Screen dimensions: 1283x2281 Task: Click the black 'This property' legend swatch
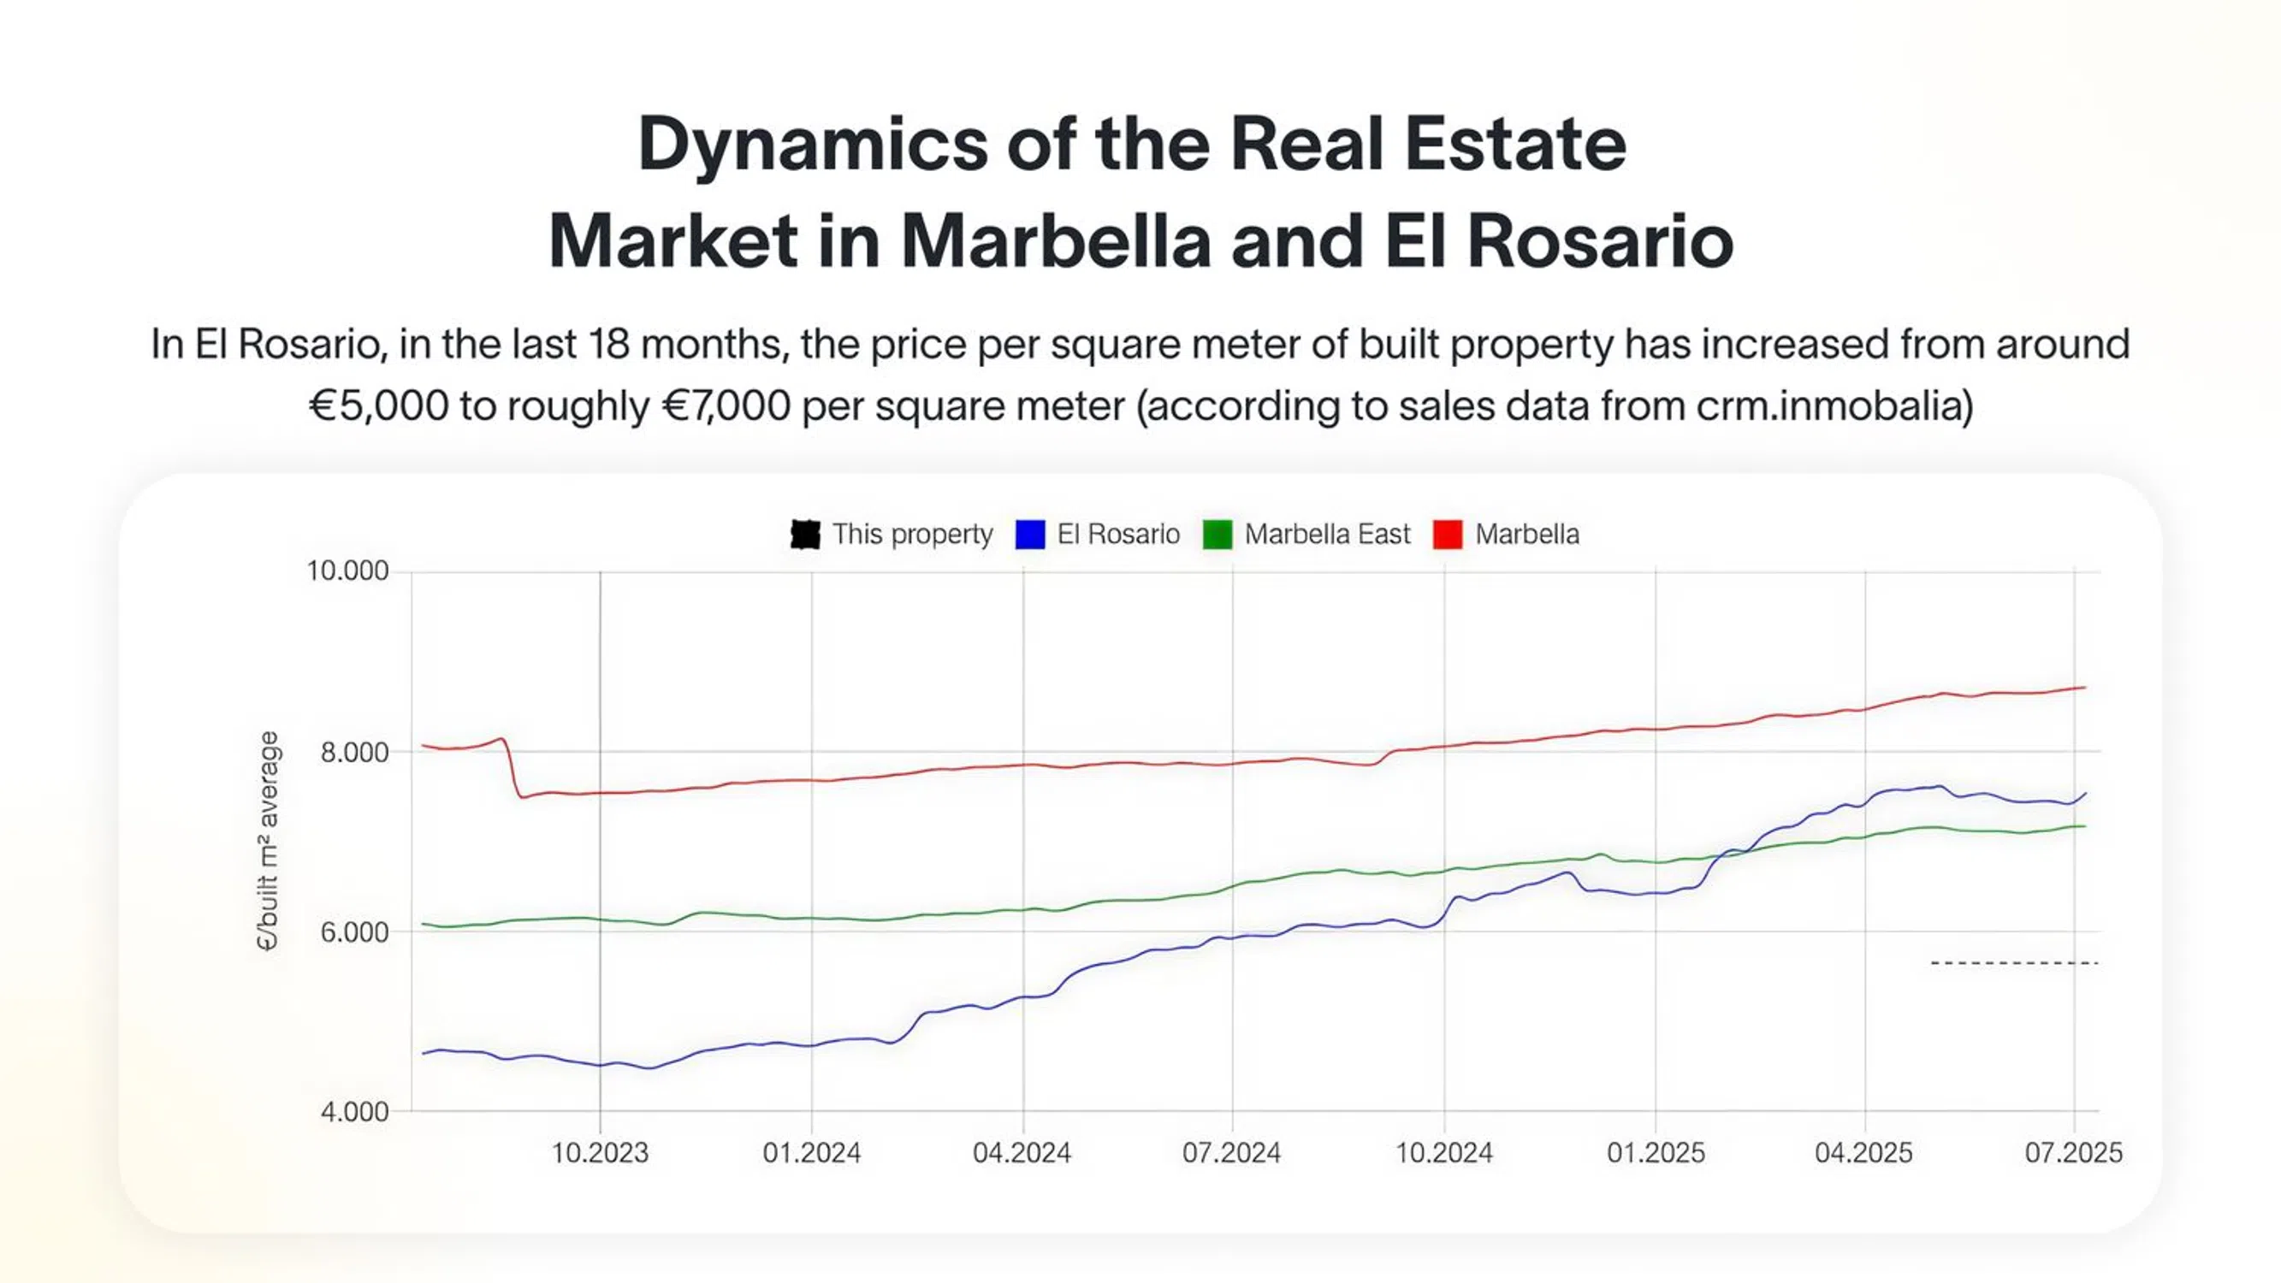pyautogui.click(x=804, y=534)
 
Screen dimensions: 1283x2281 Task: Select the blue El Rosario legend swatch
pyautogui.click(x=1030, y=534)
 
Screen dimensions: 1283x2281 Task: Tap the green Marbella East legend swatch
pyautogui.click(x=1218, y=534)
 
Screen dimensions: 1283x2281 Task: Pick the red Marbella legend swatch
pyautogui.click(x=1448, y=534)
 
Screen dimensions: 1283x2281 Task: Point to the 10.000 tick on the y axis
pyautogui.click(x=347, y=571)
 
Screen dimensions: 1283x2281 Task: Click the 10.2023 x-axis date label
pyautogui.click(x=600, y=1153)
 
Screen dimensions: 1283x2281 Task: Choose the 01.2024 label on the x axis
pyautogui.click(x=811, y=1153)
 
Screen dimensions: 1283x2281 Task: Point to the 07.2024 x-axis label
pyautogui.click(x=1232, y=1153)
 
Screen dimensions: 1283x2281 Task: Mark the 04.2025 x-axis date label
pyautogui.click(x=1864, y=1153)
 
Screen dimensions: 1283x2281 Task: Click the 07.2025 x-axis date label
pyautogui.click(x=2074, y=1153)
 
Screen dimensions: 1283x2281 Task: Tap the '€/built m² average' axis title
pyautogui.click(x=267, y=841)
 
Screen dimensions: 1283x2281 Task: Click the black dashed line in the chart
pyautogui.click(x=2014, y=962)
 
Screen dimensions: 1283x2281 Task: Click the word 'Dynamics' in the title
pyautogui.click(x=812, y=145)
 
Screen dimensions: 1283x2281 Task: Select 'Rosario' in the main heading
pyautogui.click(x=1600, y=241)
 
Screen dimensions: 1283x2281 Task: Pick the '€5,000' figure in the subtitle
pyautogui.click(x=378, y=405)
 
